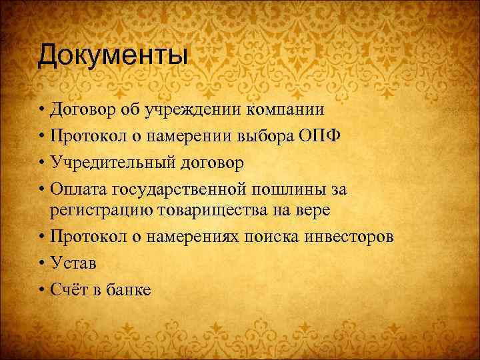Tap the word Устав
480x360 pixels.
pos(73,264)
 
